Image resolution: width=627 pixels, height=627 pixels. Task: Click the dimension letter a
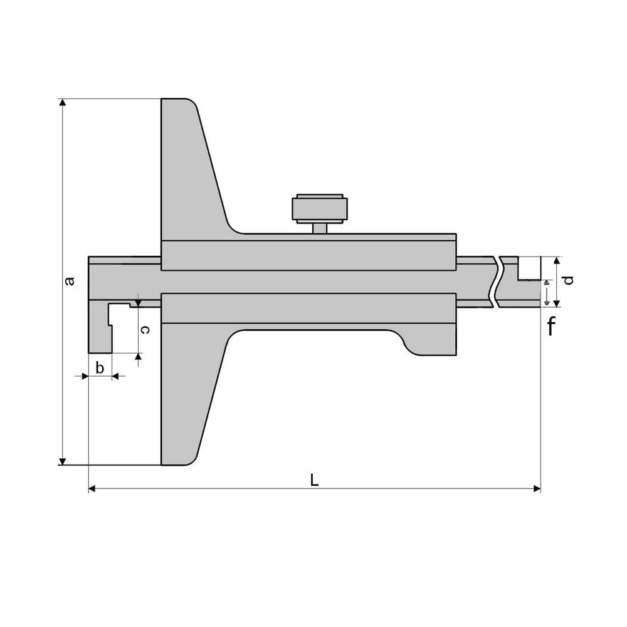[70, 281]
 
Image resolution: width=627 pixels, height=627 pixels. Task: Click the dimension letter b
[100, 367]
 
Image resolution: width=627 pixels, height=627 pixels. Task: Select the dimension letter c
[145, 330]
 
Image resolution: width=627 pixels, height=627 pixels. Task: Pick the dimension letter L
[314, 480]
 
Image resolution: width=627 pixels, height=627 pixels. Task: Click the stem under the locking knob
[320, 229]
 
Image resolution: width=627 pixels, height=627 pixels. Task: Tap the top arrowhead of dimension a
[62, 102]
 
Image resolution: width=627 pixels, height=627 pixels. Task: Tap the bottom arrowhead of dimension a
[62, 461]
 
